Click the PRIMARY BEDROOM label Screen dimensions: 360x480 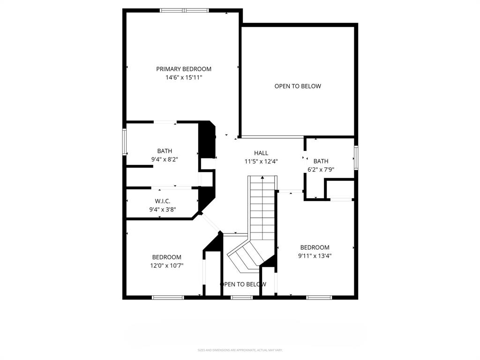click(x=184, y=69)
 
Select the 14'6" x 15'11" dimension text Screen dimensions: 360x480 click(x=184, y=77)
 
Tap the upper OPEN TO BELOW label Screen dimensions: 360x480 click(x=298, y=86)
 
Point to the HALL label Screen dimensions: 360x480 click(x=261, y=153)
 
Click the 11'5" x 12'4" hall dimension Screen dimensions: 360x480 click(x=261, y=161)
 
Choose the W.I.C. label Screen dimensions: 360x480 click(x=163, y=201)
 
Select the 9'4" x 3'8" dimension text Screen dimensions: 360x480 click(x=163, y=210)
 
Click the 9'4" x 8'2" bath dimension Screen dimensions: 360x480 click(x=165, y=159)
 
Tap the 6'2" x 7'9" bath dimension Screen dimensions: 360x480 click(x=321, y=170)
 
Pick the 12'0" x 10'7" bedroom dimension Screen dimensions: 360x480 click(x=166, y=265)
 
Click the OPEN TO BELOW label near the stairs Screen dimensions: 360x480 click(x=243, y=284)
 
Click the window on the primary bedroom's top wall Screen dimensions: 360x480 click(x=184, y=10)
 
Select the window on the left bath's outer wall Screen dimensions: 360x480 click(x=125, y=142)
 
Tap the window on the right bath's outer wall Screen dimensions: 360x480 click(x=356, y=158)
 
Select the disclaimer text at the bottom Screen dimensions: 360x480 click(x=240, y=350)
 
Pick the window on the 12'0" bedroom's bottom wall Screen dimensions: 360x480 click(x=168, y=297)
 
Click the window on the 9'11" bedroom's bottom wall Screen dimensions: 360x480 click(x=319, y=297)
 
